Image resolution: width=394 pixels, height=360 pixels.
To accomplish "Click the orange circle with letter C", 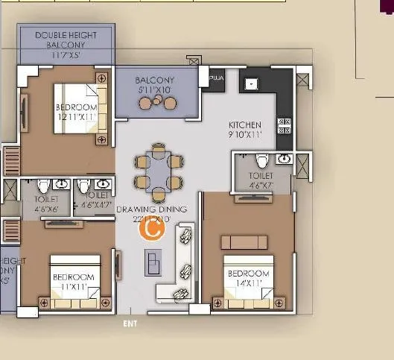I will point(152,229).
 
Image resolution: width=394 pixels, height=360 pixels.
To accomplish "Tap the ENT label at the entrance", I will point(130,324).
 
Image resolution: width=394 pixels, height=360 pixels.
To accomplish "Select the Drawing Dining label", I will point(152,214).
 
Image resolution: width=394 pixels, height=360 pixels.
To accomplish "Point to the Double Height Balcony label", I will point(66,45).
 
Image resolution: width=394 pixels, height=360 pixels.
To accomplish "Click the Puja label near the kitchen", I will point(217,78).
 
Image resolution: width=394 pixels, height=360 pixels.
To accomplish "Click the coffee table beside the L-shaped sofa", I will point(153,262).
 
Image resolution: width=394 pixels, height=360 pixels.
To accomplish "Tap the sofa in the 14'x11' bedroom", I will point(244,241).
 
